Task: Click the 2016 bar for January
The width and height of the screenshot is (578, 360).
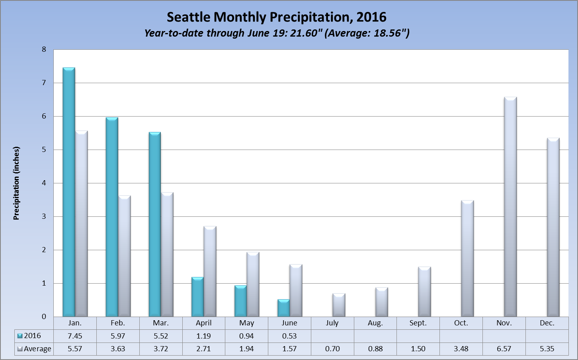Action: [x=69, y=193]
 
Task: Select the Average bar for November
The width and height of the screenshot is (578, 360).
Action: [x=510, y=207]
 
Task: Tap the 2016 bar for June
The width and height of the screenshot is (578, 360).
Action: [x=283, y=308]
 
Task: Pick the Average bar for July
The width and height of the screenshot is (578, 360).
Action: [x=339, y=305]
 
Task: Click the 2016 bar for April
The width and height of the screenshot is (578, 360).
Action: [x=197, y=297]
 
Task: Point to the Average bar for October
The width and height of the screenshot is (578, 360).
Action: [x=467, y=259]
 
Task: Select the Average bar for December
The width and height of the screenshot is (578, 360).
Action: [x=553, y=228]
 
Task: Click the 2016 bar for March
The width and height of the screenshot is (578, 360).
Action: [x=154, y=225]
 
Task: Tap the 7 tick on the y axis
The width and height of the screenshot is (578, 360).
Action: [x=44, y=83]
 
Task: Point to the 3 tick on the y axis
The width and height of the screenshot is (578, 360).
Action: [x=44, y=216]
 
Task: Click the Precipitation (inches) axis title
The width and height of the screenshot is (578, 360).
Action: [x=16, y=183]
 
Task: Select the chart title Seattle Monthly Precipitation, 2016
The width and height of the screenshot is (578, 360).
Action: [x=276, y=17]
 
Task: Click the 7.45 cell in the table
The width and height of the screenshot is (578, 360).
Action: [x=75, y=336]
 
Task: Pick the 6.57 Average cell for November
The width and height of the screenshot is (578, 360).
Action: [x=504, y=349]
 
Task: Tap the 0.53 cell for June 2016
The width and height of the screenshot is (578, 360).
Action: [x=289, y=336]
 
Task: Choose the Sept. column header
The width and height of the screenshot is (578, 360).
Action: [x=418, y=323]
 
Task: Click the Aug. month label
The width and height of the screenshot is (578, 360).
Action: [x=375, y=323]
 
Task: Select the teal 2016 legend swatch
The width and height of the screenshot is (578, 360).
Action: [x=20, y=336]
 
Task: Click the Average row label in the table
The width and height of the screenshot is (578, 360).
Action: [x=37, y=349]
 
